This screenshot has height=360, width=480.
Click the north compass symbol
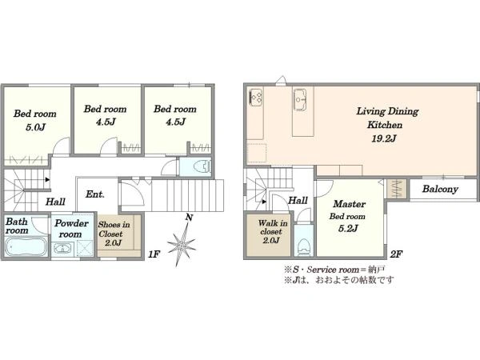182,245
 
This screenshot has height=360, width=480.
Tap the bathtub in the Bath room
26,246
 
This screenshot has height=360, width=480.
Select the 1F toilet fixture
202,167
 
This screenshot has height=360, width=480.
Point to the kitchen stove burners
256,97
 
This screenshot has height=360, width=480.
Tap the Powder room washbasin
62,248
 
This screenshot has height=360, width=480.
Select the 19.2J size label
384,138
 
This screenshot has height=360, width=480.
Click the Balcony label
440,189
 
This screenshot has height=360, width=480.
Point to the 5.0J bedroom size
35,127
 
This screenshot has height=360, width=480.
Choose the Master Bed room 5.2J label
348,216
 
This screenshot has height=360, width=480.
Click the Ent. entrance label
95,194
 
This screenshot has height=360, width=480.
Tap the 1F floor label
154,254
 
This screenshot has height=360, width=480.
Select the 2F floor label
396,254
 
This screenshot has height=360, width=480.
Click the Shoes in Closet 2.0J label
114,234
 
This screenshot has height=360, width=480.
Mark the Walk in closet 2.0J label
272,231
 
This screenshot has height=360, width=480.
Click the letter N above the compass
190,218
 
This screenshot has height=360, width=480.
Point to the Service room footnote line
334,270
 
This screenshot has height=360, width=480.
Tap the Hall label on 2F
298,201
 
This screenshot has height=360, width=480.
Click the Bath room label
17,226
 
